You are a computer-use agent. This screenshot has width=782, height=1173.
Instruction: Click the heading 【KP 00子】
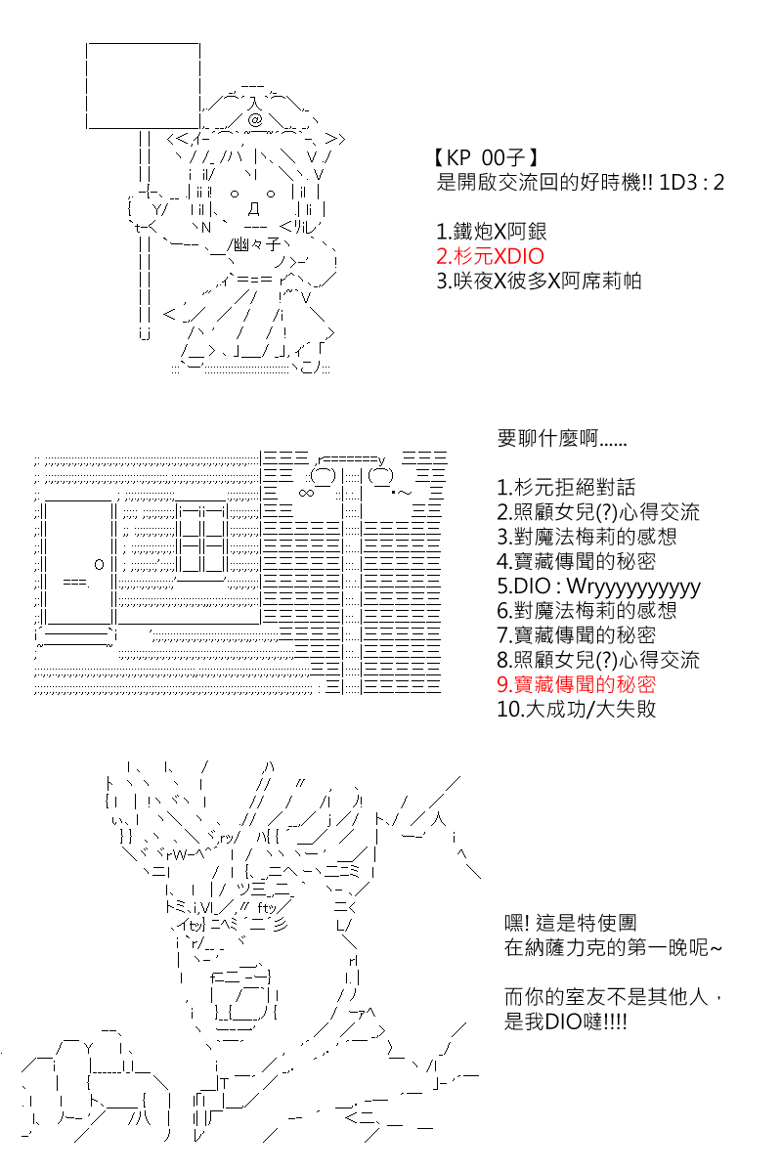(x=486, y=157)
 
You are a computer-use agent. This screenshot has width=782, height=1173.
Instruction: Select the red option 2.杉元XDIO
(x=491, y=256)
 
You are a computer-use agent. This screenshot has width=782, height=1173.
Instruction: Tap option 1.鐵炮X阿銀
(x=492, y=232)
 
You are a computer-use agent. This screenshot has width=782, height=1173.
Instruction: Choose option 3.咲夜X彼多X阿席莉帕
(x=539, y=281)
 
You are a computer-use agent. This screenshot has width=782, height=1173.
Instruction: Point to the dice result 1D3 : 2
(x=691, y=182)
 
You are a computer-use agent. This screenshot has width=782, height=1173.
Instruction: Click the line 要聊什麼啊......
(x=562, y=438)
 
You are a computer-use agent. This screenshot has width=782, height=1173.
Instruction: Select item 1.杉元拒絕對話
(x=566, y=488)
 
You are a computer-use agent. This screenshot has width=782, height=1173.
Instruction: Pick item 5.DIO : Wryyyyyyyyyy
(x=598, y=586)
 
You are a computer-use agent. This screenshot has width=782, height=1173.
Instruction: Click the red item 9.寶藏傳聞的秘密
(x=576, y=684)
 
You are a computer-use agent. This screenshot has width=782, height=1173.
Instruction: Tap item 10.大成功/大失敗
(x=576, y=709)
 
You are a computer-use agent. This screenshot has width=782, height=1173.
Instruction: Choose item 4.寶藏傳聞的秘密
(x=576, y=561)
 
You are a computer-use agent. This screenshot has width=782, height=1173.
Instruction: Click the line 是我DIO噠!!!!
(x=566, y=1021)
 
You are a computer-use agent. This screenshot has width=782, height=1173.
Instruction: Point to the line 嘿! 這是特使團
(x=571, y=922)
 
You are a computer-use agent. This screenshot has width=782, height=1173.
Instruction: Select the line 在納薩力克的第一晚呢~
(x=613, y=947)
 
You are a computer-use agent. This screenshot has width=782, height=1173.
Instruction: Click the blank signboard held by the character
(x=143, y=86)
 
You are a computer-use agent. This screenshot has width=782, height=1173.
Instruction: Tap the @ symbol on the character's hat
(x=255, y=120)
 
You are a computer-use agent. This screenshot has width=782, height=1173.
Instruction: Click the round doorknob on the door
(x=99, y=564)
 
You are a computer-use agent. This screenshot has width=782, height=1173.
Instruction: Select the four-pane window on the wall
(x=201, y=540)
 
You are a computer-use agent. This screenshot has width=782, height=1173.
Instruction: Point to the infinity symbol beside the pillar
(x=306, y=493)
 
